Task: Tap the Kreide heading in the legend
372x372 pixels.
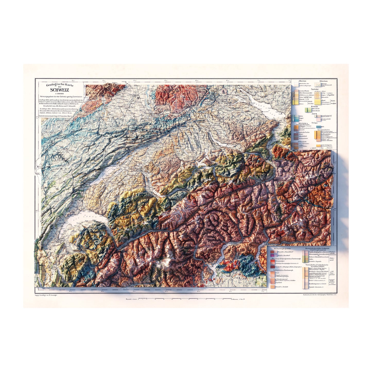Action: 314,106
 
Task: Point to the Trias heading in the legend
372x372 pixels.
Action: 314,123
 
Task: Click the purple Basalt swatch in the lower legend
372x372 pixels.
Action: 272,255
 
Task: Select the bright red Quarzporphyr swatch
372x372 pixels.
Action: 272,261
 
